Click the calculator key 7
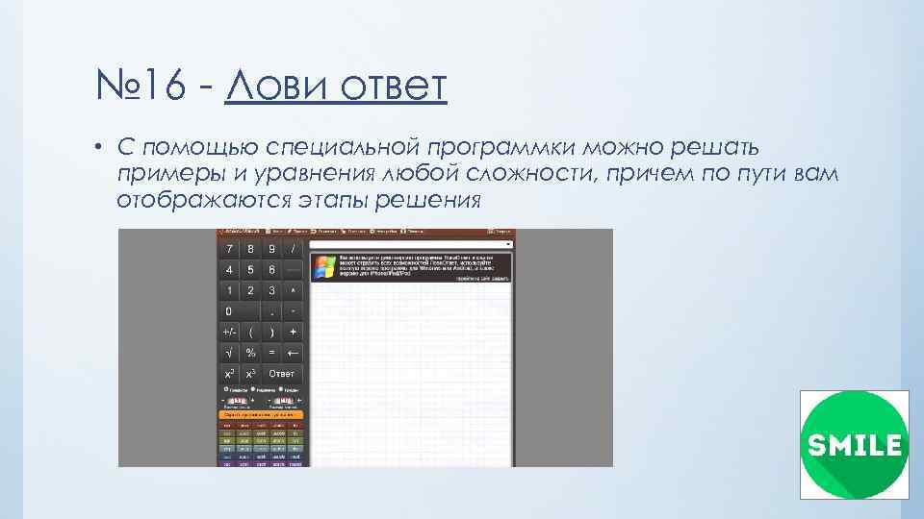[x=229, y=248]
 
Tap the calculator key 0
[x=229, y=311]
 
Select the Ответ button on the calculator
[x=282, y=374]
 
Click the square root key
[x=229, y=353]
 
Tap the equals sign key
[x=272, y=353]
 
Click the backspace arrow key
[x=293, y=353]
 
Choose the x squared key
[x=229, y=374]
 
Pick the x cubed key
[x=250, y=374]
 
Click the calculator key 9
[x=272, y=248]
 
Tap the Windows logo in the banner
[x=324, y=266]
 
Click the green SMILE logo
[x=854, y=445]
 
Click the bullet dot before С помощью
[x=99, y=148]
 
